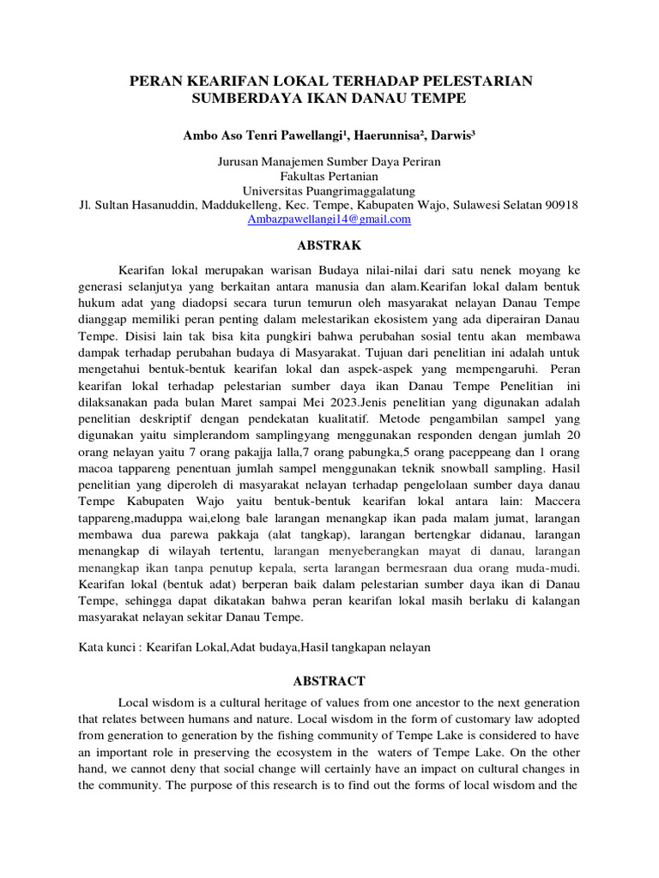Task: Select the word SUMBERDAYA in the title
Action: point(239,99)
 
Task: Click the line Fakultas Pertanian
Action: point(329,176)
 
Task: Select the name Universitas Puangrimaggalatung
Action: point(329,190)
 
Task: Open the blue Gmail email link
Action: point(329,219)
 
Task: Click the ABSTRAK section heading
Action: point(329,244)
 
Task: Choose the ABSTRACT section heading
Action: point(329,681)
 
